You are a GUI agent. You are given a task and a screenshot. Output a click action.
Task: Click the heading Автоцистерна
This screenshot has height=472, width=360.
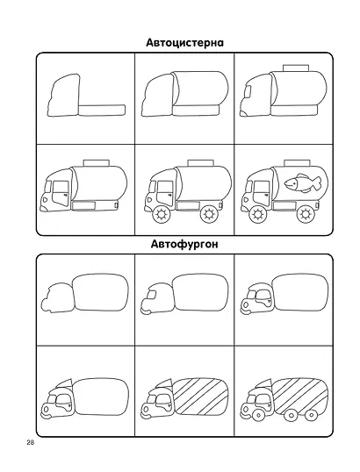point(184,43)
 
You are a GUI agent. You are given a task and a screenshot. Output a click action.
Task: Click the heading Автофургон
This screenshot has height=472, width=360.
point(184,244)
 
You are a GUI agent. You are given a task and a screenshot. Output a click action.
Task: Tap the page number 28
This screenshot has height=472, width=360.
point(30,442)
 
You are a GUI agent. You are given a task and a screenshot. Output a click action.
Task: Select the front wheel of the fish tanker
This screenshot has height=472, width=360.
point(258,214)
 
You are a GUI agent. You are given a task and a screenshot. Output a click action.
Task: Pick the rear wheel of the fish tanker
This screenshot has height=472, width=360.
point(306,214)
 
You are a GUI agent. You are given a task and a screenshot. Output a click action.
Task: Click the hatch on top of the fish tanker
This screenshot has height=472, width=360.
point(297,163)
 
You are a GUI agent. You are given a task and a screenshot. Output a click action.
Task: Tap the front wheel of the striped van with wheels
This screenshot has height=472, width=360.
point(258,416)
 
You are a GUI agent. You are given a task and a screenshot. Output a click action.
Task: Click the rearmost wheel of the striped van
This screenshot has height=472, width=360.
point(310,415)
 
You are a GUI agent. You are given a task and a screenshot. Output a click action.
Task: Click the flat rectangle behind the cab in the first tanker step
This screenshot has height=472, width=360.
point(102,110)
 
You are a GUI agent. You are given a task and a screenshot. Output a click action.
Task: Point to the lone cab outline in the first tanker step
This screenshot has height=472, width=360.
point(64,95)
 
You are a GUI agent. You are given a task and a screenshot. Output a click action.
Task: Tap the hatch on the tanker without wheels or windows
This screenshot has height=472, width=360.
point(296,68)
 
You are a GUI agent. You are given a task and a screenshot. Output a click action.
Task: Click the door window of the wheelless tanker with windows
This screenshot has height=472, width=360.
point(61,193)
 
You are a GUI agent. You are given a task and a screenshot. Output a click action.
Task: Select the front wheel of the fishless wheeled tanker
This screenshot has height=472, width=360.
point(162,214)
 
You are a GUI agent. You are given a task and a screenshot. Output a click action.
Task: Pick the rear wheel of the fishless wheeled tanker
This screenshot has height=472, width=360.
point(209,214)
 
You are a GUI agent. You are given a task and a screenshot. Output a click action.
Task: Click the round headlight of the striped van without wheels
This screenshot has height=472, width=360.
point(146,410)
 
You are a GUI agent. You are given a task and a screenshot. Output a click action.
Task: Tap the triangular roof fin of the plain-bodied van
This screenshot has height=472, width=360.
point(65,383)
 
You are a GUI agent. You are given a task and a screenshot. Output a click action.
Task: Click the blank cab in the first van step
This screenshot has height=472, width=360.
point(58,297)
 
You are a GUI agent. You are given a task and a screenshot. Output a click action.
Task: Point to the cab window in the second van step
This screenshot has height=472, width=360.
point(153,294)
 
